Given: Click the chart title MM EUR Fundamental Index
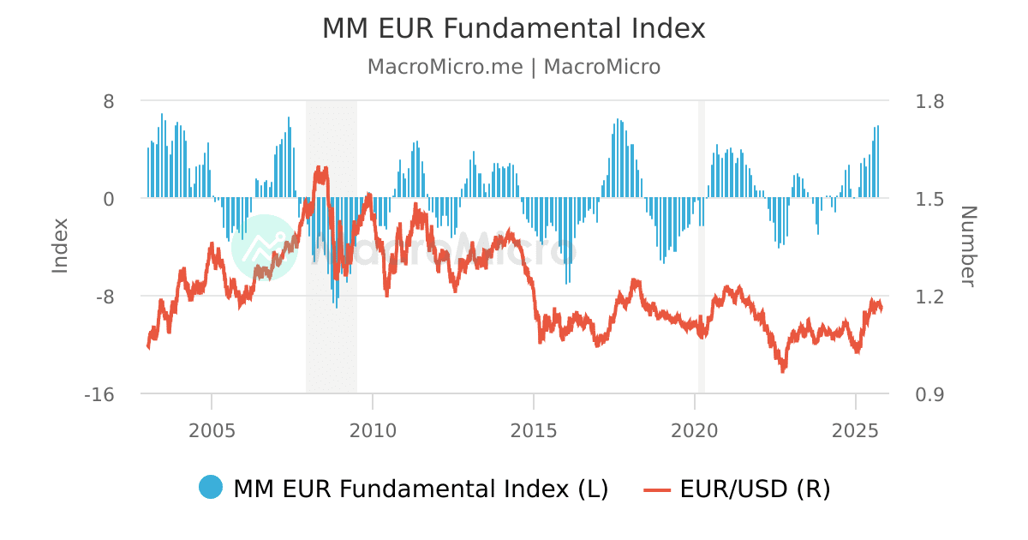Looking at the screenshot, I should (513, 28).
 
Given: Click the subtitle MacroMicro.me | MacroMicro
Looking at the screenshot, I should (513, 67).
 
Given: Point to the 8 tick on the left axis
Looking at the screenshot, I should (109, 101).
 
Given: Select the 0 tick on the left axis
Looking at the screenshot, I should (109, 199).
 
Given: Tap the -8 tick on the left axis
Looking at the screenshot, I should (105, 297).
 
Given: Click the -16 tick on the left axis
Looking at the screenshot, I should (100, 394).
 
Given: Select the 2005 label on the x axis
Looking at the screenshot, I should (212, 429).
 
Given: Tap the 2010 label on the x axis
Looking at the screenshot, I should (373, 429).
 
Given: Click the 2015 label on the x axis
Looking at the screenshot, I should (534, 429).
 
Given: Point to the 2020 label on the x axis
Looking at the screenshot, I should (695, 429).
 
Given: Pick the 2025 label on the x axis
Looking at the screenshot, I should (856, 429).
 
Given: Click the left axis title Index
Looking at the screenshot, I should (60, 246).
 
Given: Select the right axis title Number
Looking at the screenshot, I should (968, 246).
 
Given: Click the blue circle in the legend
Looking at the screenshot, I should (211, 488).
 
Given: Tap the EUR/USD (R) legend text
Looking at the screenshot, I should (755, 489).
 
